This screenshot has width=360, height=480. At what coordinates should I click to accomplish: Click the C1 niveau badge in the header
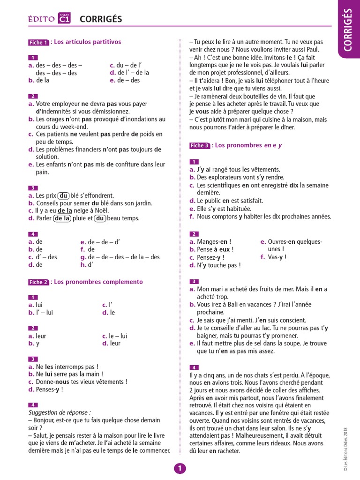pyautogui.click(x=64, y=18)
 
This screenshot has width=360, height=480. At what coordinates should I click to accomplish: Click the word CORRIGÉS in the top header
pyautogui.click(x=101, y=19)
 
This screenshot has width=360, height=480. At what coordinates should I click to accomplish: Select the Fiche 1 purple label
pyautogui.click(x=38, y=43)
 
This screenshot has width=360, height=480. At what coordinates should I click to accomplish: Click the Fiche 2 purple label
pyautogui.click(x=38, y=282)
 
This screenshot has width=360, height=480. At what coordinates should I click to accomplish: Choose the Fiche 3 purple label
pyautogui.click(x=200, y=146)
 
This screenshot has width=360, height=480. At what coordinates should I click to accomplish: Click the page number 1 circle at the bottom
pyautogui.click(x=180, y=469)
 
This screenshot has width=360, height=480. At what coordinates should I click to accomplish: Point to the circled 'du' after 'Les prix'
pyautogui.click(x=64, y=195)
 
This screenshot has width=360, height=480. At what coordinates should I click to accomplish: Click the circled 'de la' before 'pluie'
pyautogui.click(x=62, y=218)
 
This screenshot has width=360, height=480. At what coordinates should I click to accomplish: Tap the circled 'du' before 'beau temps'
pyautogui.click(x=100, y=218)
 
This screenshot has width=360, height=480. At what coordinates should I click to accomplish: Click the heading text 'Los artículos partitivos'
pyautogui.click(x=88, y=42)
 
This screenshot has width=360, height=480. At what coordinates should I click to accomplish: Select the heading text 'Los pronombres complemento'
pyautogui.click(x=98, y=282)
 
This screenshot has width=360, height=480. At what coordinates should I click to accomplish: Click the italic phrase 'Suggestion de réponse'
pyautogui.click(x=59, y=412)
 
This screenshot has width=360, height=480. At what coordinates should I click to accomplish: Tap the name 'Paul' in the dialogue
pyautogui.click(x=313, y=49)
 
